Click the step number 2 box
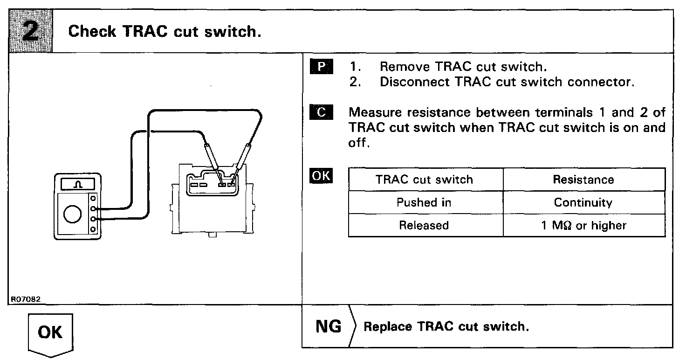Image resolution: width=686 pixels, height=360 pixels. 31,31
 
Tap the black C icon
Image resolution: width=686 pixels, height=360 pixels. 320,112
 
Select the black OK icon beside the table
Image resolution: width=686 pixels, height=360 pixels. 321,176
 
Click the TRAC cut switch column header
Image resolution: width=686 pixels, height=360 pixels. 425,180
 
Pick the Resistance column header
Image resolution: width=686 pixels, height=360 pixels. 583,180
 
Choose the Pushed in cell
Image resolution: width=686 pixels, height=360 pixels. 424,203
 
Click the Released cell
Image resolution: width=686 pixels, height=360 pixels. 424,226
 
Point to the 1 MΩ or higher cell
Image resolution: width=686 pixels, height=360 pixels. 583,226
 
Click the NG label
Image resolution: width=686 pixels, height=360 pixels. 328,326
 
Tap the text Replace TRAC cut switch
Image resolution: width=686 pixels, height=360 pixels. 446,326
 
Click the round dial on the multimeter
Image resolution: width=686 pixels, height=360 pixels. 73,215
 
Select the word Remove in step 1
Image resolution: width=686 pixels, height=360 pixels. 404,67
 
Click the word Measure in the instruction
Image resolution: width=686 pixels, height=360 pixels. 377,112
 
